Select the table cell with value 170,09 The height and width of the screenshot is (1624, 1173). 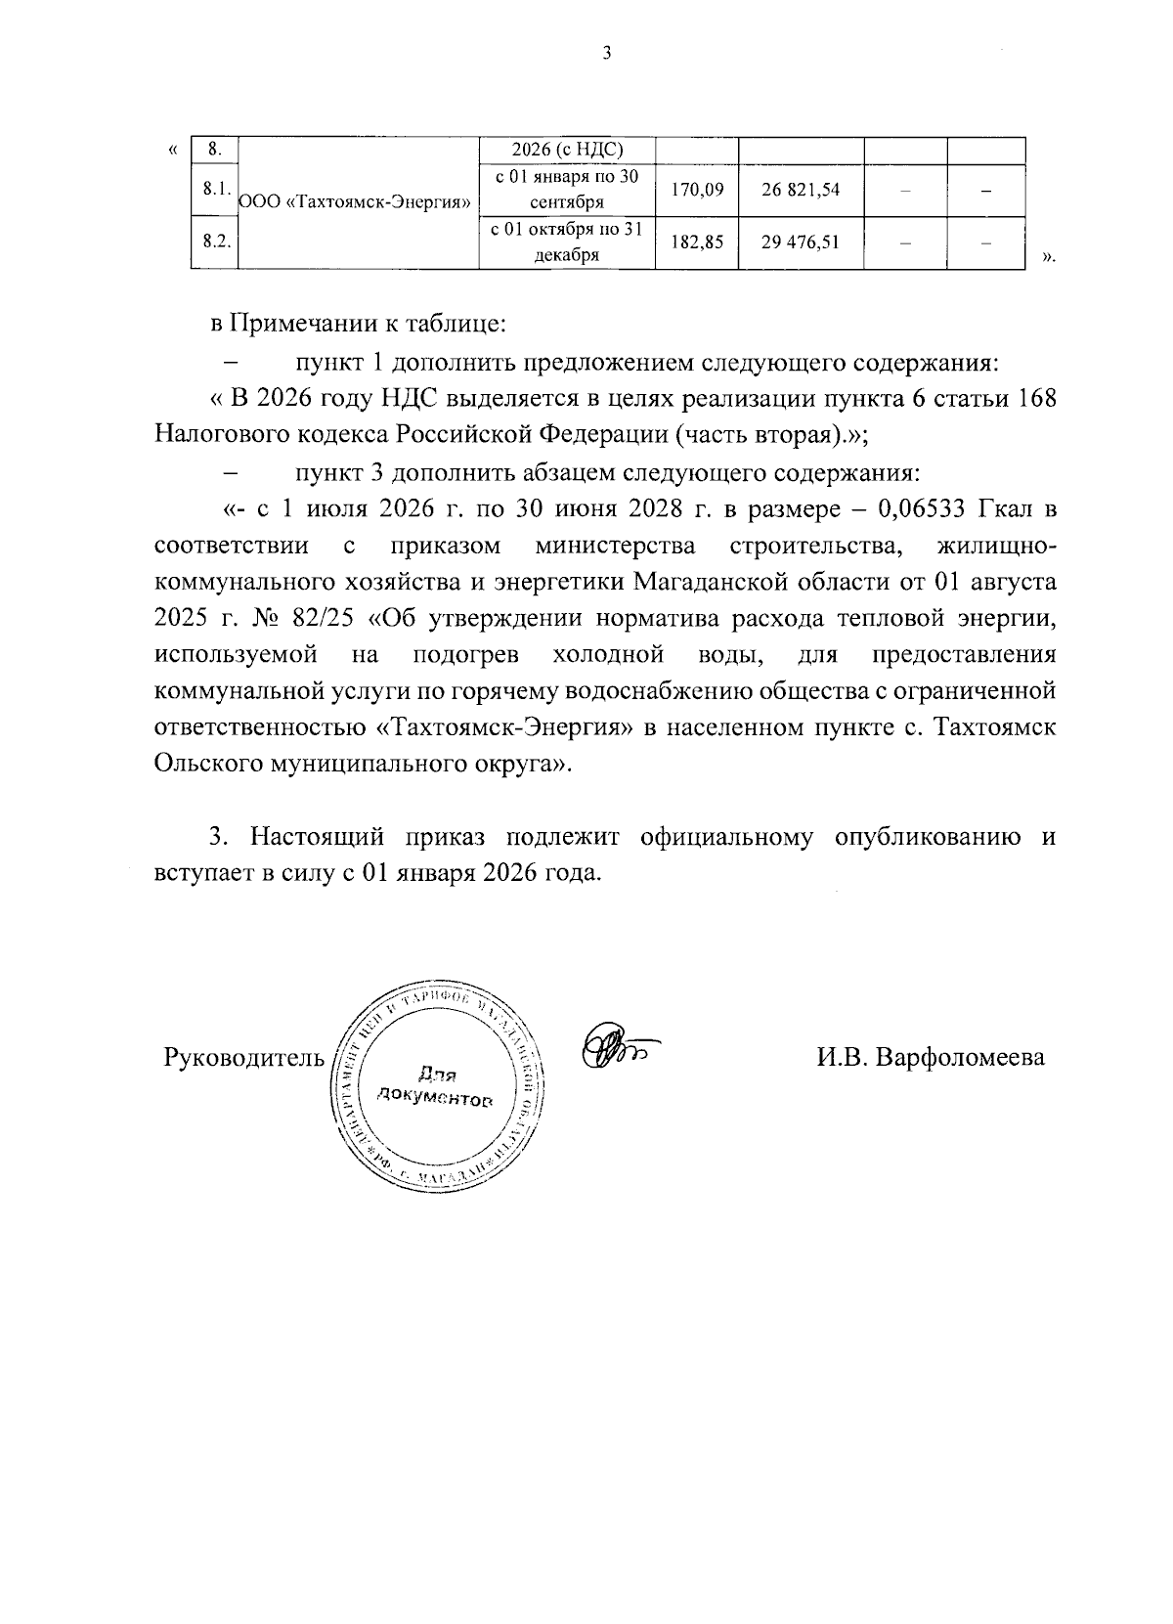(697, 190)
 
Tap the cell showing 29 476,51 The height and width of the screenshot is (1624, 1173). (801, 241)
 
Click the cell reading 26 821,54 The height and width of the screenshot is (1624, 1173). (801, 190)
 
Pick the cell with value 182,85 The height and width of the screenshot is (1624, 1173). (697, 241)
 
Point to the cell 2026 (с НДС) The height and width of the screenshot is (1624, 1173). (567, 150)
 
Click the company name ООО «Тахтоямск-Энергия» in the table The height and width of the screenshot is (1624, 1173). (357, 202)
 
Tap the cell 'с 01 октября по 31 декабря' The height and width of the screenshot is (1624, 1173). (567, 241)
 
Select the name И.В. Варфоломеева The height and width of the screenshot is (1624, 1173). (931, 1057)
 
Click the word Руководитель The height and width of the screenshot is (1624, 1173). (242, 1057)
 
